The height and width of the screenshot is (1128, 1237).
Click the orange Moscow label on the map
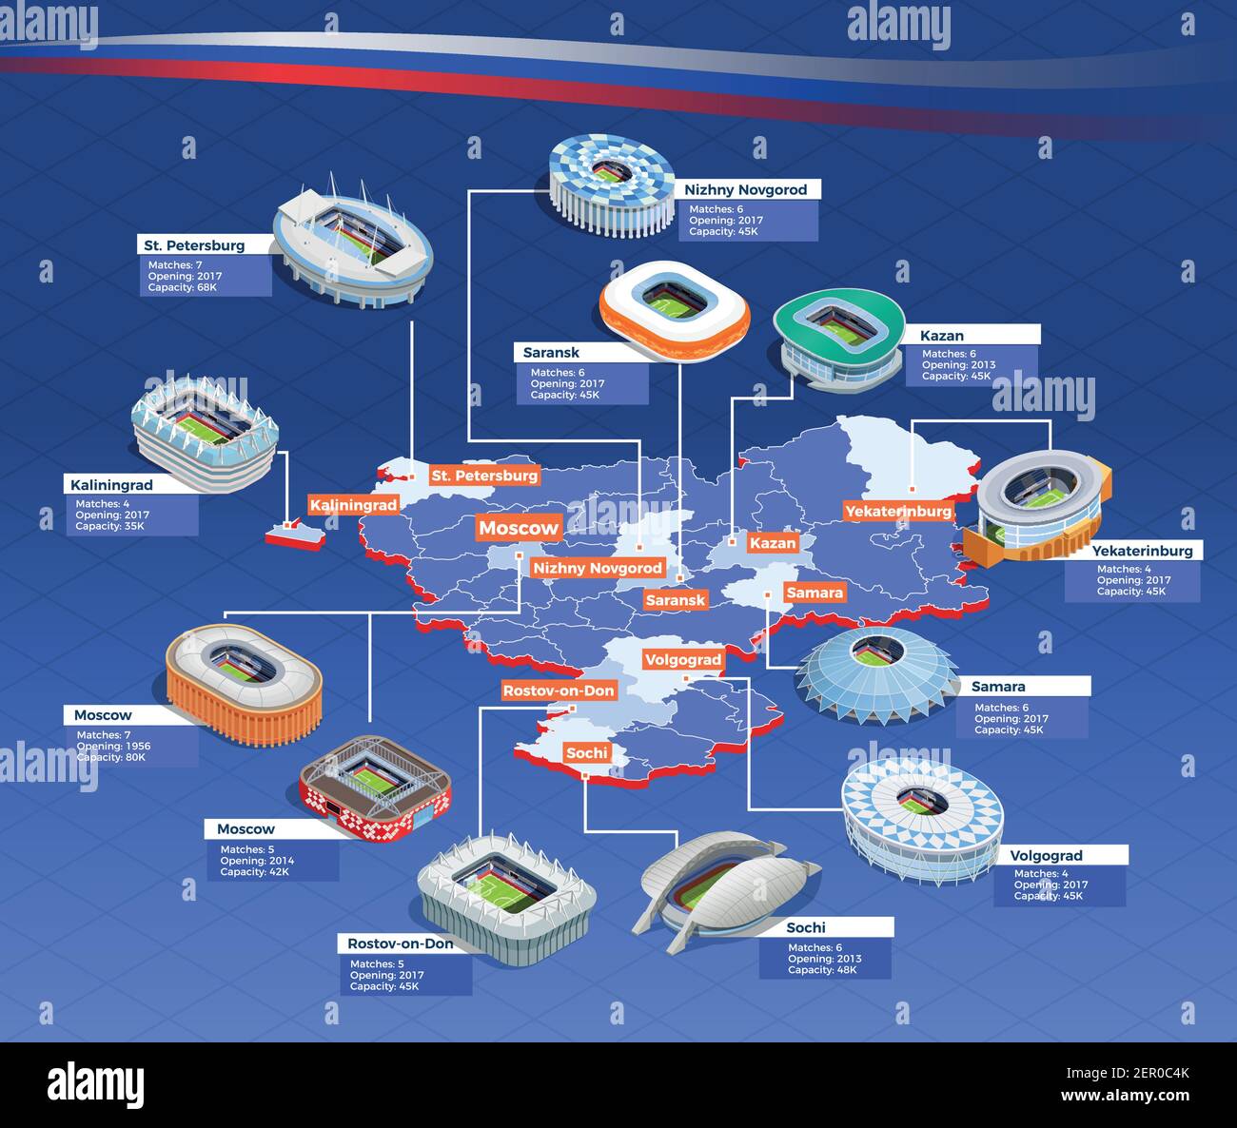[519, 528]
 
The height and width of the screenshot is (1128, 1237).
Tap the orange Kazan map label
[772, 543]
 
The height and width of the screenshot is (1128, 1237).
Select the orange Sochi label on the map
[586, 753]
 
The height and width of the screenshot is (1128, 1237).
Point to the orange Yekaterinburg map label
[898, 511]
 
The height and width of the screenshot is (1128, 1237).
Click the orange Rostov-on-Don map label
[559, 690]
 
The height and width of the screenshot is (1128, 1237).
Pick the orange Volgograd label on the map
[683, 659]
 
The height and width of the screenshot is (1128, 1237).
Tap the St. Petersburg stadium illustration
[352, 243]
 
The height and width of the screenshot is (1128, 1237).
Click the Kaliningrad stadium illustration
[205, 433]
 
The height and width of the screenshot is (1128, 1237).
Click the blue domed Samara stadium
[877, 671]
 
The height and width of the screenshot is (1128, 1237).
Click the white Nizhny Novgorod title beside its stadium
[745, 189]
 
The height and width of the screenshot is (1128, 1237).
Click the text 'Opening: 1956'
[113, 747]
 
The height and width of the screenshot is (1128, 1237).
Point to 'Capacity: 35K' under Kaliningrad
[109, 526]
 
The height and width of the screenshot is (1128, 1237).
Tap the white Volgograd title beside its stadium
[1046, 855]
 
